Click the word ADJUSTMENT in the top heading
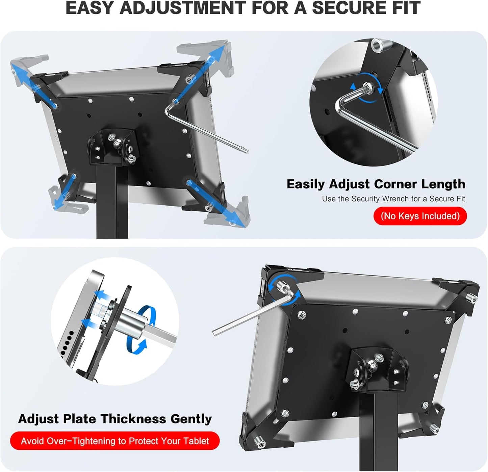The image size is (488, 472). point(183,8)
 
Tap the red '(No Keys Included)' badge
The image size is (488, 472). point(420,216)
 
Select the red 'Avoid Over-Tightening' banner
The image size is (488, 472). point(115,441)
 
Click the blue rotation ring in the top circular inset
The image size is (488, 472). point(367,88)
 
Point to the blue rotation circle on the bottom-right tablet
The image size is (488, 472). point(284,289)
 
